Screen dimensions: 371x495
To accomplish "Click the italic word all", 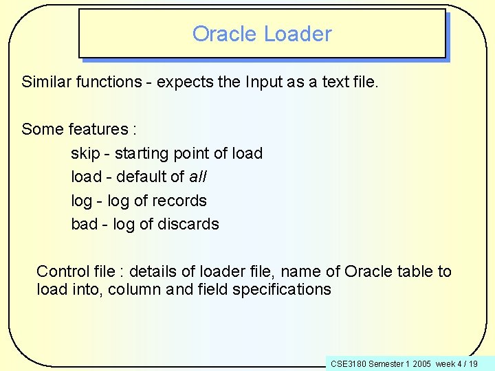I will pos(198,177).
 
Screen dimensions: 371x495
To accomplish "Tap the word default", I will pos(142,177).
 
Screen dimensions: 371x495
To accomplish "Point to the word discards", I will pos(188,224).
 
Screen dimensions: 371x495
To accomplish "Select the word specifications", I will pos(282,289).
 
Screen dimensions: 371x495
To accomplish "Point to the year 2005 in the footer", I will pos(421,363).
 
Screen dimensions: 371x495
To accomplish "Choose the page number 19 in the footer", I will pos(473,363).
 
